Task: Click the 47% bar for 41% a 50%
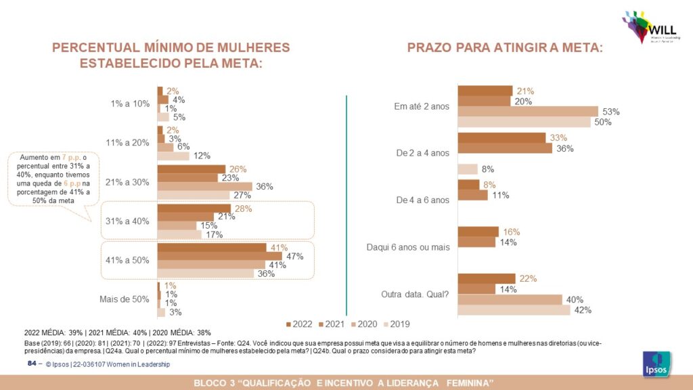click(219, 256)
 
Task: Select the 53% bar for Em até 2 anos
click(528, 112)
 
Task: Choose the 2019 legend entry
click(395, 324)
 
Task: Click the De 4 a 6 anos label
click(422, 200)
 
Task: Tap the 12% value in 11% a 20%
click(201, 156)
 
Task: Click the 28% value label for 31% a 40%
click(242, 209)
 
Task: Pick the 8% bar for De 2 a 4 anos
click(468, 169)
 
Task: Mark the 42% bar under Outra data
click(514, 310)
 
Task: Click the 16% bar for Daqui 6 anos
click(478, 232)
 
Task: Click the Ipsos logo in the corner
click(656, 364)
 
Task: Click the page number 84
click(31, 364)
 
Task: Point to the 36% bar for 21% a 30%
click(204, 186)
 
